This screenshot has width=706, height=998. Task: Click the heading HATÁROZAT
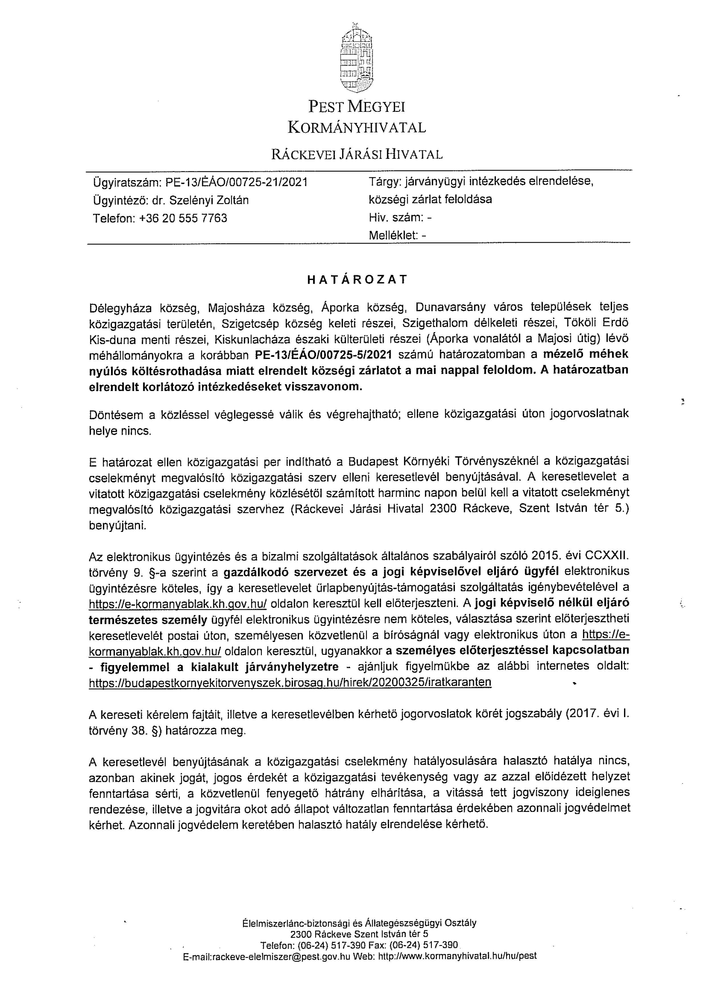coord(357,279)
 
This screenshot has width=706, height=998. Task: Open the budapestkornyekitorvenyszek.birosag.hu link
coord(290,682)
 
